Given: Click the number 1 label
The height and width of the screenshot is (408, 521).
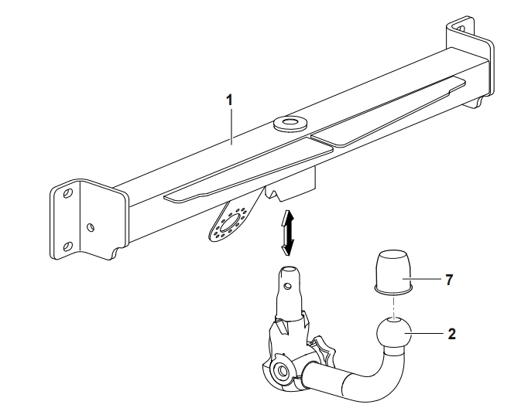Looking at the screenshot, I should (x=228, y=100).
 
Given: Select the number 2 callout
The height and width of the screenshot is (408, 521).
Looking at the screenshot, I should (x=451, y=335).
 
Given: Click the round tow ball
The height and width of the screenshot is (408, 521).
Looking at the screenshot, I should (x=395, y=335).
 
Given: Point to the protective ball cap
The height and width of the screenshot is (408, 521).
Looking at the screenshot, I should (x=392, y=271).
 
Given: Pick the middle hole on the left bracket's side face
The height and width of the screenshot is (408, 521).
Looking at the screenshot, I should (x=91, y=227).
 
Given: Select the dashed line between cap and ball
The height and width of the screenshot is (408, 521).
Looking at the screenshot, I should (x=393, y=306).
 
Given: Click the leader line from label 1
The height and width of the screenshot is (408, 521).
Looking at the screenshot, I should (x=231, y=124).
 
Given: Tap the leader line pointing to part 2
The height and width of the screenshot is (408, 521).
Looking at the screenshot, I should (x=430, y=335).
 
